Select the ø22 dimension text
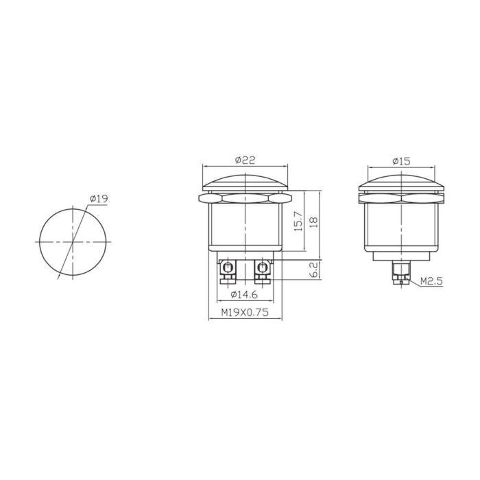[x=245, y=160]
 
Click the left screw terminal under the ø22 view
[x=226, y=271]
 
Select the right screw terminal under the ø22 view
[x=262, y=271]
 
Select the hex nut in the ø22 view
[x=245, y=200]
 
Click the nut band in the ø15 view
[x=401, y=200]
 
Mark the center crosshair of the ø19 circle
[x=72, y=242]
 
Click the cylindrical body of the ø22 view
[x=245, y=226]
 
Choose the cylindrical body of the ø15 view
[x=401, y=226]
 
